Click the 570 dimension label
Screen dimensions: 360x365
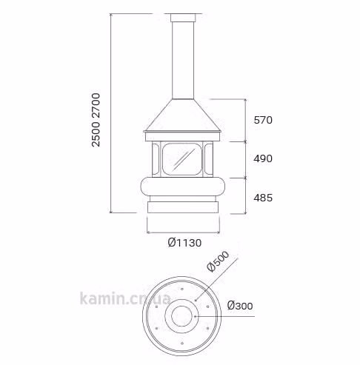click(263, 120)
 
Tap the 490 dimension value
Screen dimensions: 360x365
click(263, 158)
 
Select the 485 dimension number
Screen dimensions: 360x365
click(263, 198)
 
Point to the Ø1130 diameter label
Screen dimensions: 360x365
click(184, 243)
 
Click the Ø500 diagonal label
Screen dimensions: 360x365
click(219, 261)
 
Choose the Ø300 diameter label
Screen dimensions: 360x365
click(240, 306)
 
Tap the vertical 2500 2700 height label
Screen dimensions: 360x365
click(96, 120)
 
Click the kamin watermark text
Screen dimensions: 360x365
click(124, 298)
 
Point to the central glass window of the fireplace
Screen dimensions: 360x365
click(182, 159)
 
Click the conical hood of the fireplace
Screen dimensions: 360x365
click(182, 115)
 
